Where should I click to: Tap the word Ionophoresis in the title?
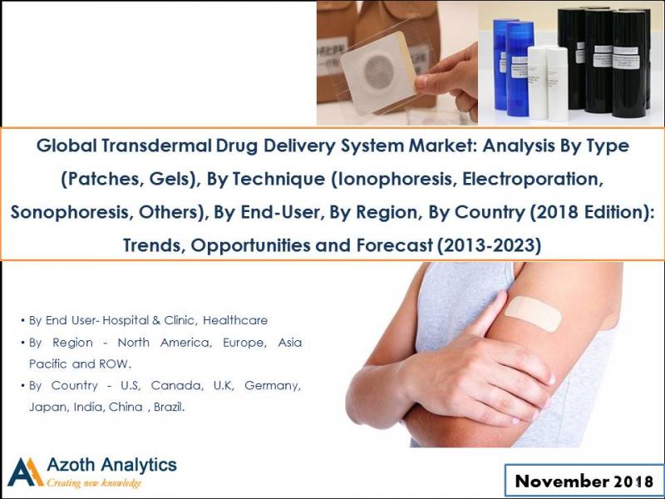(x=367, y=179)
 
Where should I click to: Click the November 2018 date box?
(x=584, y=481)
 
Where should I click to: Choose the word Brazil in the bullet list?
(x=165, y=408)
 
